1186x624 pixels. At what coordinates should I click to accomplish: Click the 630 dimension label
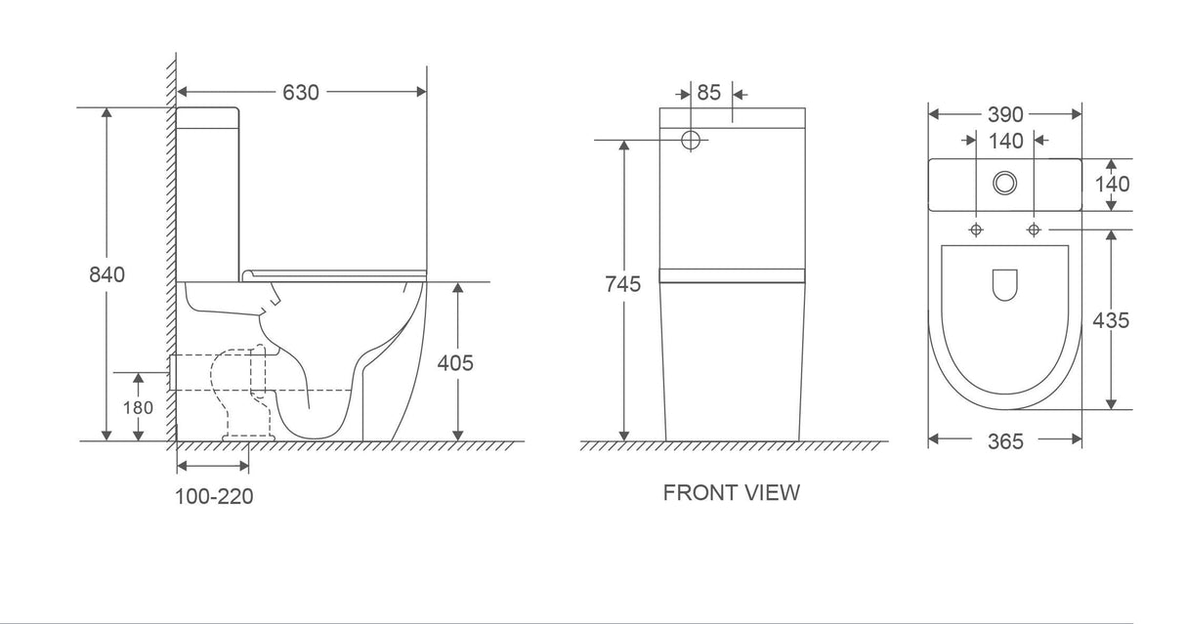(x=301, y=93)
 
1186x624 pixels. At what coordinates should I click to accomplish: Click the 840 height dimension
(x=107, y=275)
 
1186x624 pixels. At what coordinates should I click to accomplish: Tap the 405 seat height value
(x=454, y=363)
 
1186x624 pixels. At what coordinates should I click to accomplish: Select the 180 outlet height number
(x=138, y=407)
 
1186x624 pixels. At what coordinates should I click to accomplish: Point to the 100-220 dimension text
(x=214, y=496)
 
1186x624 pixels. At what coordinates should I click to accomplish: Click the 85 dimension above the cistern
(x=708, y=93)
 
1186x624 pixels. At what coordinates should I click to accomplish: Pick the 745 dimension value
(x=622, y=285)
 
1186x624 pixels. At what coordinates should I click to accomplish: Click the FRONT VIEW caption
(x=731, y=492)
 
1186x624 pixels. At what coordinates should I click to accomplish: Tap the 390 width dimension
(x=1004, y=115)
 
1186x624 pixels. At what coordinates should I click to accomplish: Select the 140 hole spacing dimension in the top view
(x=1005, y=142)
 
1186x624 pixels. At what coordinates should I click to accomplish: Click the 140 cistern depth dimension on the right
(x=1112, y=184)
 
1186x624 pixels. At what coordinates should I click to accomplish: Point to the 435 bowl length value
(x=1112, y=320)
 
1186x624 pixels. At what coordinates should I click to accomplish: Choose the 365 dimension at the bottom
(x=1004, y=441)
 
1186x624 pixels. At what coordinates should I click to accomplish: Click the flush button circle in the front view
(x=692, y=140)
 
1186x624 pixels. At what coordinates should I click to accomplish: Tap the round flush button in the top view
(x=1004, y=183)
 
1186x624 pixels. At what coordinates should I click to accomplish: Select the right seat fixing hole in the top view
(x=1034, y=229)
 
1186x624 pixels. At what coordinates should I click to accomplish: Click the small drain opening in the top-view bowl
(x=1004, y=284)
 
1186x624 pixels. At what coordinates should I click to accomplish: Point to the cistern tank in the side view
(x=208, y=190)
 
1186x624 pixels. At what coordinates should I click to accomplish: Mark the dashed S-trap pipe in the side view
(x=238, y=386)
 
